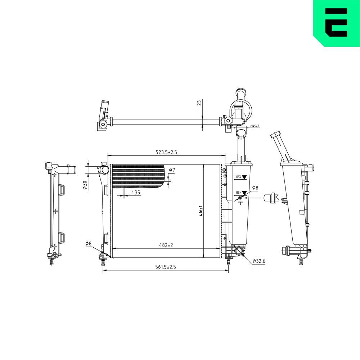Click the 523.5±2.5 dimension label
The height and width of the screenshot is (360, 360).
coord(166,152)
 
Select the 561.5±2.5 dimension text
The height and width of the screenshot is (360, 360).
coord(165,267)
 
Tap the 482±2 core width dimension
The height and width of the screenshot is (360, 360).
coord(166,245)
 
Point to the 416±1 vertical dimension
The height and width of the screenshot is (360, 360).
coord(201,211)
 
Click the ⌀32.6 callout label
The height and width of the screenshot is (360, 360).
coord(259,261)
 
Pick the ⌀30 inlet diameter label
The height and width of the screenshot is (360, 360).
coord(85,185)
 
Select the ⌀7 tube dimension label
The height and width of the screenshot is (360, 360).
coord(172,170)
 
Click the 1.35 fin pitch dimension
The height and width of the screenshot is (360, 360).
coord(136,192)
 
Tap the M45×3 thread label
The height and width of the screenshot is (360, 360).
coord(255,126)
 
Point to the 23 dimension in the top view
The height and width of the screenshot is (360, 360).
coord(199,102)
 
